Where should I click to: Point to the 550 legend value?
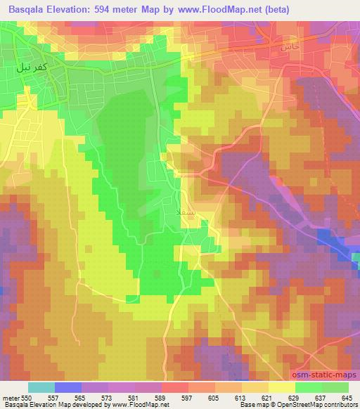[x=26, y=397]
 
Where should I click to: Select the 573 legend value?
[x=108, y=397]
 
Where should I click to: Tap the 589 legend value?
[x=162, y=397]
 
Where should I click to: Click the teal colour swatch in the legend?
[x=41, y=387]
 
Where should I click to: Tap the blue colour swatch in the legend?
[x=68, y=387]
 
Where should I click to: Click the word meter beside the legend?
[x=10, y=397]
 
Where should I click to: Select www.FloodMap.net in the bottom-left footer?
[x=136, y=405]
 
